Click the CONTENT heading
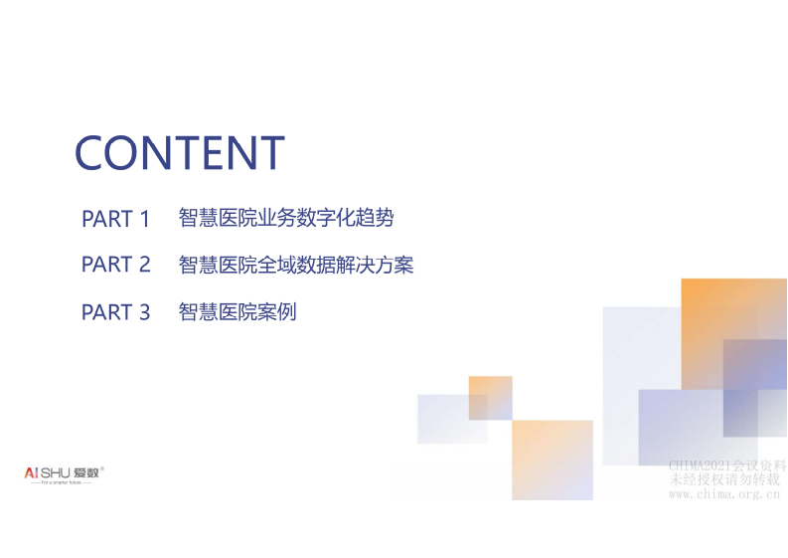[x=180, y=152]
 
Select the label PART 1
[x=115, y=219]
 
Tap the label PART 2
[x=115, y=265]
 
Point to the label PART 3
[x=115, y=312]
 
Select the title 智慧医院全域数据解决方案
[x=295, y=265]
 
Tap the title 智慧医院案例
[x=237, y=312]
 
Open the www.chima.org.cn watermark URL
[x=723, y=493]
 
